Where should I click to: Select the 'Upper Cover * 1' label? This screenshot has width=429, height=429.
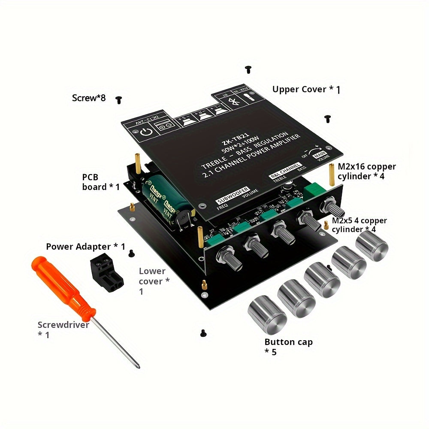(306, 89)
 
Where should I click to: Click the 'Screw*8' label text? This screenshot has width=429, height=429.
(89, 98)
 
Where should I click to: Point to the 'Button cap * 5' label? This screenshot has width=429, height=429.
(288, 347)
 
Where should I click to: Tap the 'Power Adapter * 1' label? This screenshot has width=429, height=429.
(85, 247)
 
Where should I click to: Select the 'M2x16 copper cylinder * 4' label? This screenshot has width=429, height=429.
(367, 172)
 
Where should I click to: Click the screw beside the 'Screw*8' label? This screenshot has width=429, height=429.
(119, 100)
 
